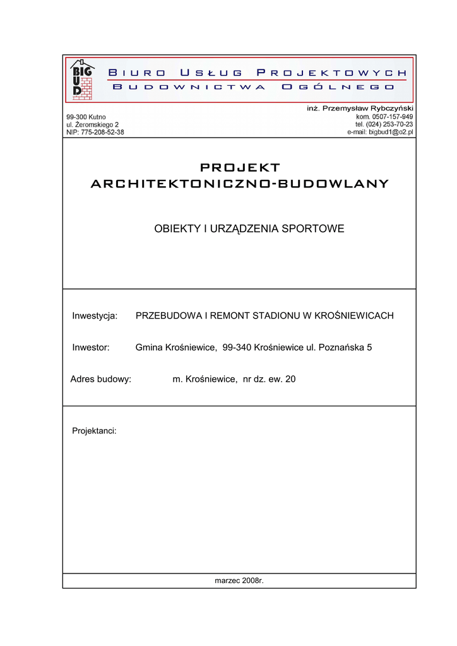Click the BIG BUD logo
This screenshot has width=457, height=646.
[83, 79]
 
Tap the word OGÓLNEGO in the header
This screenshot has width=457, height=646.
[338, 86]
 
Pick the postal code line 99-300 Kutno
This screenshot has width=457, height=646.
[86, 117]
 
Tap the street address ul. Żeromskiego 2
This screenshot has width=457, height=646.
[93, 125]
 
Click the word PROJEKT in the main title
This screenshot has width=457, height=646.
[240, 167]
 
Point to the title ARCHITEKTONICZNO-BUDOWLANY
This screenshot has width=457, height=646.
[240, 184]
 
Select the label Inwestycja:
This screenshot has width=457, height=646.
[95, 315]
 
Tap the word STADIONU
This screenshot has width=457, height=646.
[272, 315]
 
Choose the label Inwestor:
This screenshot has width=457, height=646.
[92, 347]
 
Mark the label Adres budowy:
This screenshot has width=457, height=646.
[101, 379]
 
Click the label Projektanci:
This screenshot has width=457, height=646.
[94, 431]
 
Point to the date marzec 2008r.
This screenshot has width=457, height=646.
[239, 580]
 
